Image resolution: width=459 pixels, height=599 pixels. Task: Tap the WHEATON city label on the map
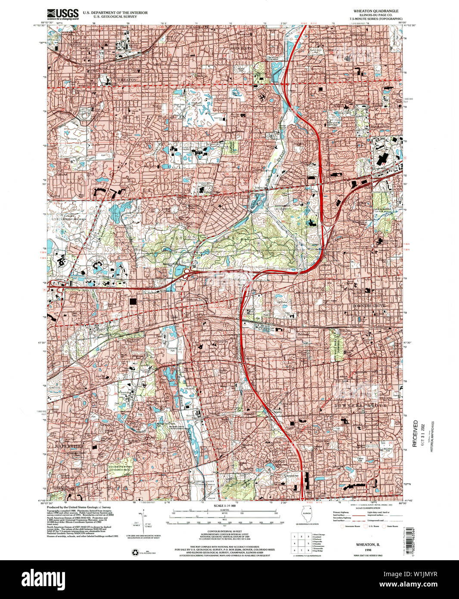coord(126,80)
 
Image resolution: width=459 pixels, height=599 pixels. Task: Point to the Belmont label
coord(304,334)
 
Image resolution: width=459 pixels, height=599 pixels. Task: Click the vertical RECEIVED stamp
coord(415,433)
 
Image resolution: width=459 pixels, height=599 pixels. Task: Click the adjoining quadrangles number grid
coord(301,544)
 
